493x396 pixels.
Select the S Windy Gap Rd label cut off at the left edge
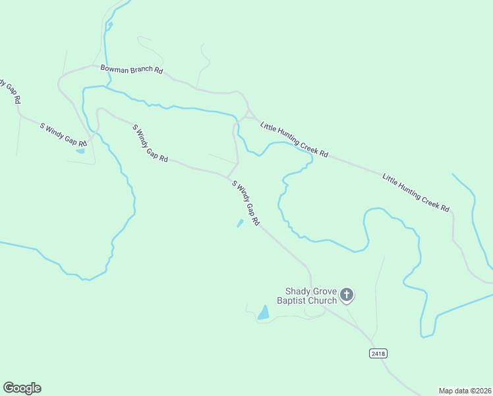coord(11,91)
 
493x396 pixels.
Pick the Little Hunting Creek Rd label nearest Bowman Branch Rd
coord(294,139)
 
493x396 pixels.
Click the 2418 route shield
coord(378,354)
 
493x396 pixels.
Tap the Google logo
coord(22,388)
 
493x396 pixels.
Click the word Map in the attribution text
coord(447,390)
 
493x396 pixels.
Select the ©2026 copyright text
coord(480,390)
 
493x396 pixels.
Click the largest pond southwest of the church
coord(264,312)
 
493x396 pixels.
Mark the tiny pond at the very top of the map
coord(110,26)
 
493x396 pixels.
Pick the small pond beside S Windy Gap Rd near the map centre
coord(240,224)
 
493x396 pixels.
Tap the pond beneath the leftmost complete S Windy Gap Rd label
coord(80,151)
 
